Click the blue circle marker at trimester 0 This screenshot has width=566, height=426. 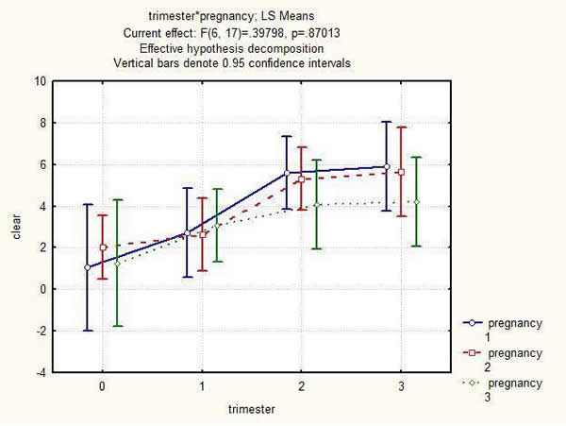click(87, 267)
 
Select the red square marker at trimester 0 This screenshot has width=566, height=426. click(103, 247)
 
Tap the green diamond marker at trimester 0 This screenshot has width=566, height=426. click(117, 264)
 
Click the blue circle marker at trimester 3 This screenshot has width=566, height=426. click(386, 167)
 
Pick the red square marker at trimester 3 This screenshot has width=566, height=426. click(401, 172)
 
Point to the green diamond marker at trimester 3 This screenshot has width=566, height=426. click(416, 201)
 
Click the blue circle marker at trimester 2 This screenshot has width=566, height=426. click(287, 173)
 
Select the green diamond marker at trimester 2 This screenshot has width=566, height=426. click(317, 205)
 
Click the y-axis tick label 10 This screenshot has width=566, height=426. click(40, 81)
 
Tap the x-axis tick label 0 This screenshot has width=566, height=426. click(102, 387)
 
